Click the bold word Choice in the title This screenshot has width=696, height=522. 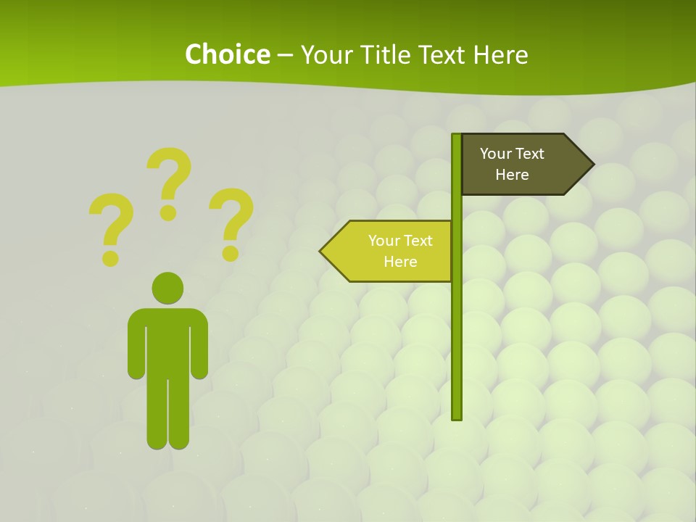tap(227, 54)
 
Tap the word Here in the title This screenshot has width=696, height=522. tap(500, 54)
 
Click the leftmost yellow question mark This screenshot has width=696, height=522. tap(110, 226)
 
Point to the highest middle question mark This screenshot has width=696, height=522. tap(170, 181)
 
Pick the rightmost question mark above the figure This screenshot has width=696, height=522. tap(231, 223)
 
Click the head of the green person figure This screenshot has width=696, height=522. tap(167, 288)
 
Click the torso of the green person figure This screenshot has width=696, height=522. tap(167, 341)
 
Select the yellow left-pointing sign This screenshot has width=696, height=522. tap(395, 251)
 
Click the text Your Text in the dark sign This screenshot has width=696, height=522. tap(512, 154)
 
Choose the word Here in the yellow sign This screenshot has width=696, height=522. tap(400, 262)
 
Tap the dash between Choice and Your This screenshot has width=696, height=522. tap(285, 54)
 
